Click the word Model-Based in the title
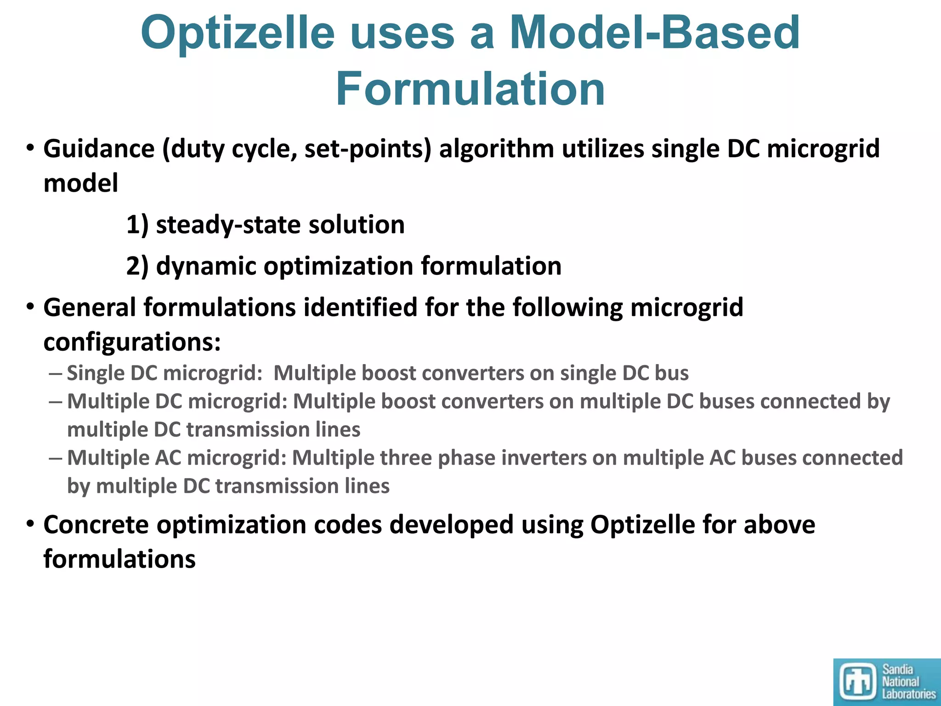pos(655,33)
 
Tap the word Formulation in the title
pos(470,89)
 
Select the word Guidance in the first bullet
pos(99,149)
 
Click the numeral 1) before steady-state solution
pos(137,225)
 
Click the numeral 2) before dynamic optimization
pos(137,266)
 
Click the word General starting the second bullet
pos(90,307)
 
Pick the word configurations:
pos(132,342)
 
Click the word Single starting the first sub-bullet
pos(96,373)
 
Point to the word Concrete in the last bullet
pos(96,525)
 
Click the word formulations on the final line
pos(119,560)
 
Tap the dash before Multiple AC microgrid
pos(55,458)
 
